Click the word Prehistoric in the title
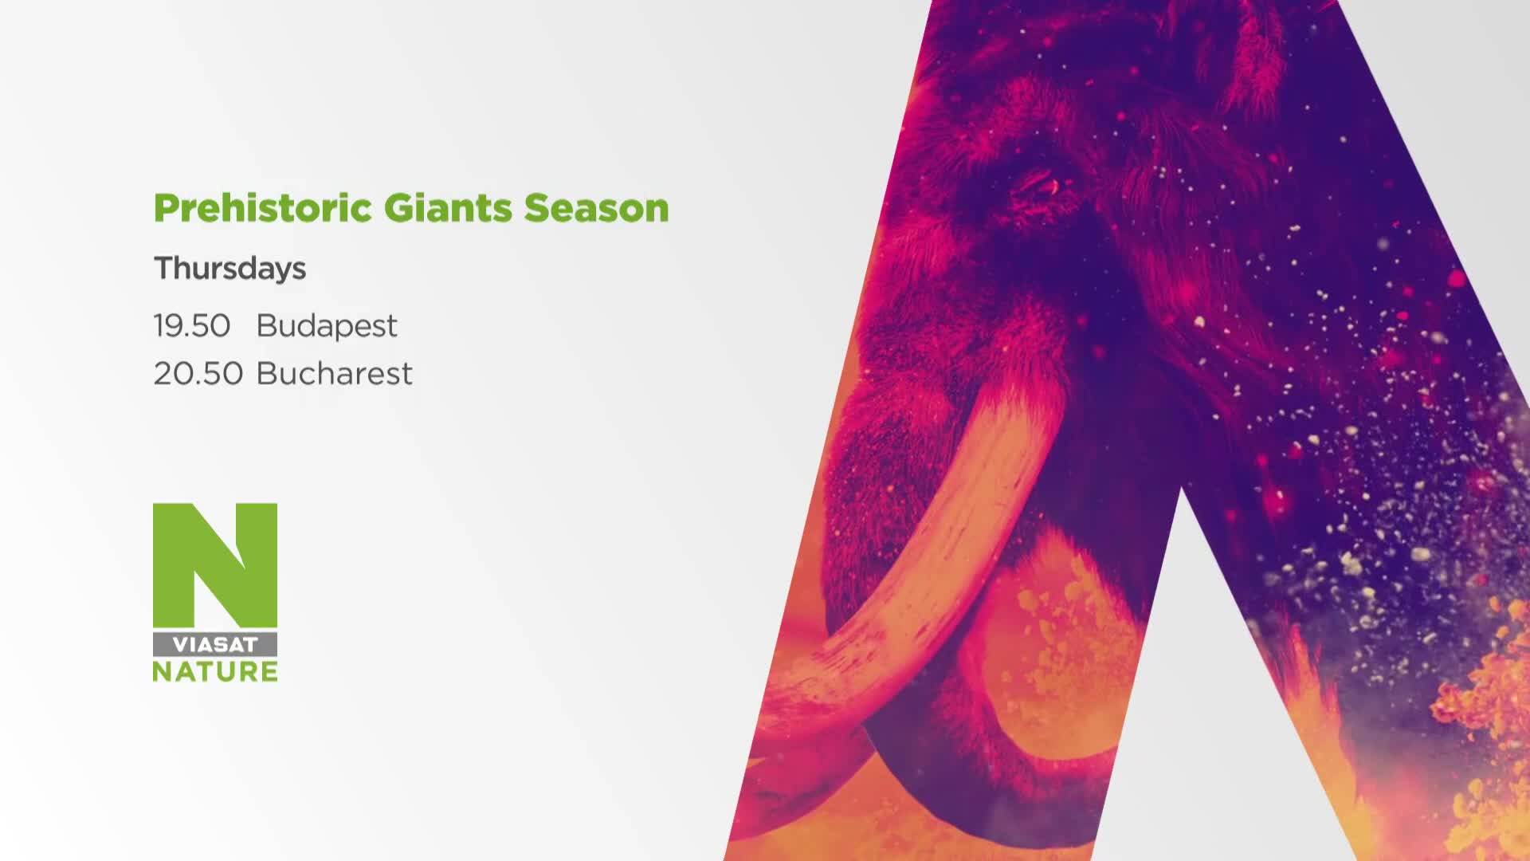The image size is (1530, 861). coord(263,208)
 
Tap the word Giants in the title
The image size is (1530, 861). coord(448,207)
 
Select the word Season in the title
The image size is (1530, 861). coord(596,208)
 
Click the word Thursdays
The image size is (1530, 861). coord(229,269)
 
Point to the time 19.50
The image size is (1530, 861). coord(192,326)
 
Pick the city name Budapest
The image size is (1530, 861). coord(327,326)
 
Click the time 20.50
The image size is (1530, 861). coord(198,374)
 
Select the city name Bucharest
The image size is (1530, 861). coord(335,373)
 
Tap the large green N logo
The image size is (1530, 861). coord(215,565)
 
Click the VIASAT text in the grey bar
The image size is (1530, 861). coord(215,644)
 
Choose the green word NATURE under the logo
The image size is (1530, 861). coord(215,671)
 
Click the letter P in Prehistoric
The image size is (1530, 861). coord(165,208)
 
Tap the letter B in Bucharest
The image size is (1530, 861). coord(267,373)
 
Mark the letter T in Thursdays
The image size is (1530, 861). coord(165,268)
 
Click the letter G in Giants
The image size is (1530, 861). coord(398,208)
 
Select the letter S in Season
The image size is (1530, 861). coord(535,208)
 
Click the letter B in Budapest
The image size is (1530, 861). coord(267,326)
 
